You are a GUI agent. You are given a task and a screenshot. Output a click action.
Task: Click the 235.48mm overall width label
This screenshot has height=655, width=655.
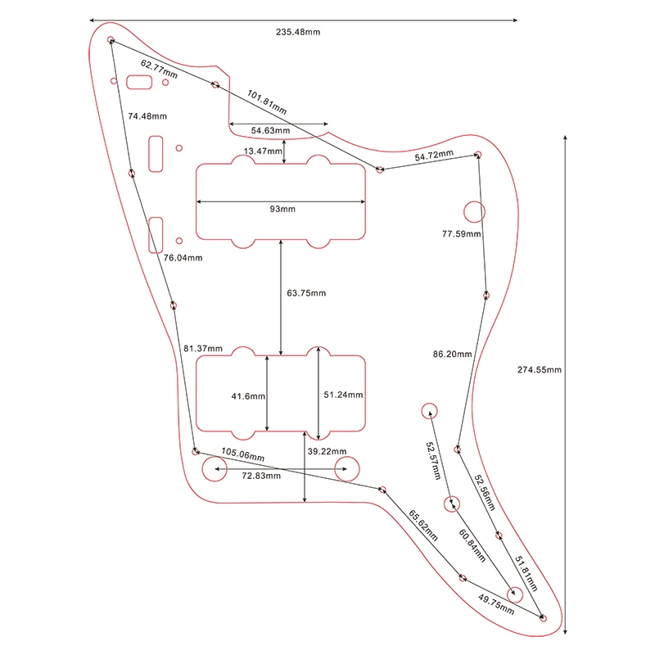pyautogui.click(x=297, y=32)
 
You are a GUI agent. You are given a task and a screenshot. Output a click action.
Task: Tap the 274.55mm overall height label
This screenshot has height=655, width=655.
pyautogui.click(x=539, y=369)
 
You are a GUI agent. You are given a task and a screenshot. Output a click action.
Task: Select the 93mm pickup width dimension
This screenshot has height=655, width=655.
pyautogui.click(x=282, y=210)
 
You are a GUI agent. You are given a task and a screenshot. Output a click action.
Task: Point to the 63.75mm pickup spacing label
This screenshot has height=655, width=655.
pyautogui.click(x=306, y=293)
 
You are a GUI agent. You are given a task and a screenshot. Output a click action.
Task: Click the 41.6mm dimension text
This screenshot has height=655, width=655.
pyautogui.click(x=247, y=396)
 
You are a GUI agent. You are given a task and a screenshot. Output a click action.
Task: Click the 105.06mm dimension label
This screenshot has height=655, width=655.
pyautogui.click(x=243, y=455)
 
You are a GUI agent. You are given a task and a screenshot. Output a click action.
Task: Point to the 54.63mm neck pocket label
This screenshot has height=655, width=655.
pyautogui.click(x=270, y=130)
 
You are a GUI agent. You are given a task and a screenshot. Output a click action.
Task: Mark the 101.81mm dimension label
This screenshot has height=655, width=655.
pyautogui.click(x=267, y=102)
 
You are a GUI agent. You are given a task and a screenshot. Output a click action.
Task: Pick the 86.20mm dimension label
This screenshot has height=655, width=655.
pyautogui.click(x=452, y=355)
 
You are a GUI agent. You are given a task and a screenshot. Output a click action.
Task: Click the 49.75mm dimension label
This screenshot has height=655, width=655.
pyautogui.click(x=496, y=603)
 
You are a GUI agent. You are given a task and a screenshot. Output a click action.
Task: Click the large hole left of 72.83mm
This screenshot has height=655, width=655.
pyautogui.click(x=215, y=470)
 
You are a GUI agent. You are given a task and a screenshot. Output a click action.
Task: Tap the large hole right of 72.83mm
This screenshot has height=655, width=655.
pyautogui.click(x=346, y=470)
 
